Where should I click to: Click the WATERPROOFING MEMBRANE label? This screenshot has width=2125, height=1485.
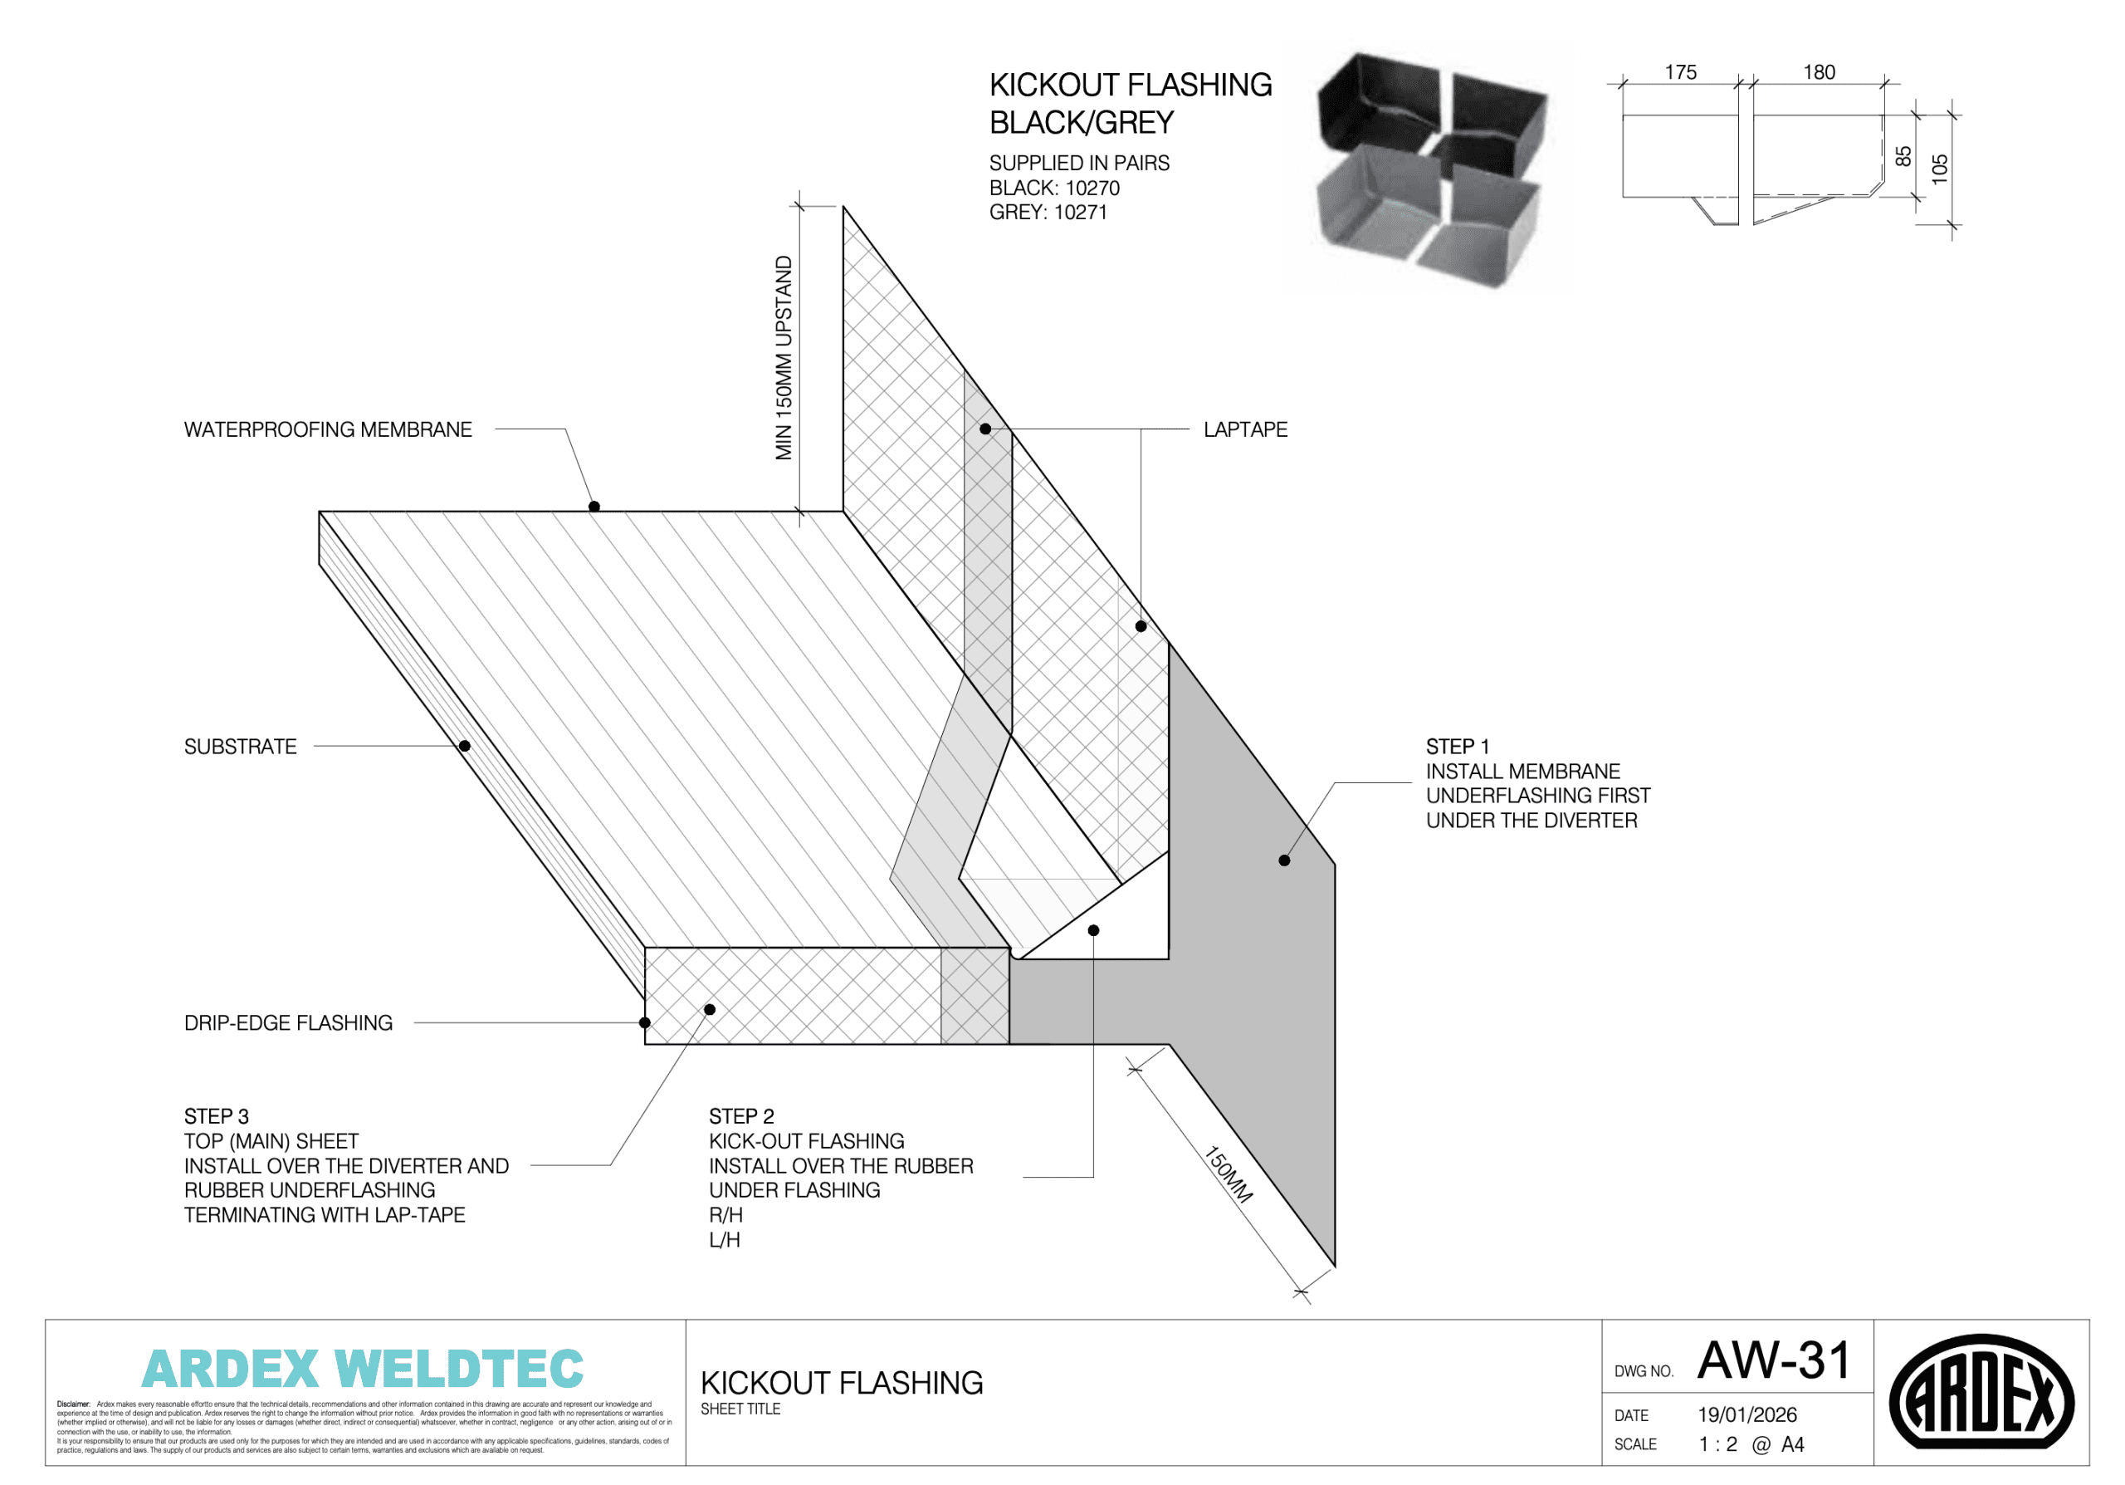point(328,429)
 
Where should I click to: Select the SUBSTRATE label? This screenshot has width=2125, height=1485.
point(241,746)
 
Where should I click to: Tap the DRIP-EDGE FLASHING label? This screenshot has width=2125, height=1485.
point(288,1023)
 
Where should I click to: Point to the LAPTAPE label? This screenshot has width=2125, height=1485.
point(1245,429)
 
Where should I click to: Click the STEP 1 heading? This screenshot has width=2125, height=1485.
point(1457,746)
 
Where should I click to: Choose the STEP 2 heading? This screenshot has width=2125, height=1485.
point(741,1116)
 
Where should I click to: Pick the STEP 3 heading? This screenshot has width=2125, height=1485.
point(217,1116)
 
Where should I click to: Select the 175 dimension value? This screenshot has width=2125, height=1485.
point(1681,72)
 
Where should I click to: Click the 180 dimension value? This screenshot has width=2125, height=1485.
point(1819,72)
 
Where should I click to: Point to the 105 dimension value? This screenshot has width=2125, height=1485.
point(1940,169)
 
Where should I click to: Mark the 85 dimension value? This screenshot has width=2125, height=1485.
point(1903,156)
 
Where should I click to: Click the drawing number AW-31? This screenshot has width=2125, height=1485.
point(1773,1361)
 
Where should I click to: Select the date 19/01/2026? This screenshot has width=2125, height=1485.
point(1747,1414)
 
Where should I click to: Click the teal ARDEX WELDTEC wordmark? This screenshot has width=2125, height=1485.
point(363,1370)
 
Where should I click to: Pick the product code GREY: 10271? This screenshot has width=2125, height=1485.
point(1048,212)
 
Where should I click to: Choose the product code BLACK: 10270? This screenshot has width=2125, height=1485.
point(1054,188)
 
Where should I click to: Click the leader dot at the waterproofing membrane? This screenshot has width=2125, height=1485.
point(594,507)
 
